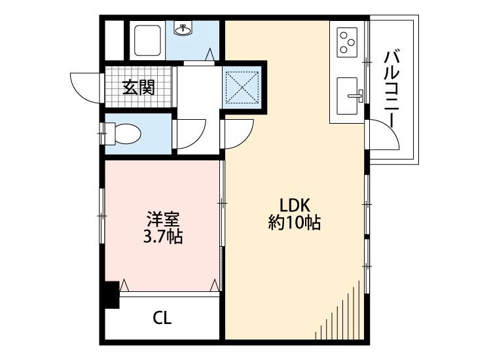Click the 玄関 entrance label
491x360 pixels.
139,87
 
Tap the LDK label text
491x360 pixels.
295,204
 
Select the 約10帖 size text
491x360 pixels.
295,223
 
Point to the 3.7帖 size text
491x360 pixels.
163,236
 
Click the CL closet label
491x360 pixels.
162,319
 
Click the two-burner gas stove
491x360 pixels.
348,42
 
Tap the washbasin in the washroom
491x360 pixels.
183,29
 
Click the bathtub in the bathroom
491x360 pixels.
147,41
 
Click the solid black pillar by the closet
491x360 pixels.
111,294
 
